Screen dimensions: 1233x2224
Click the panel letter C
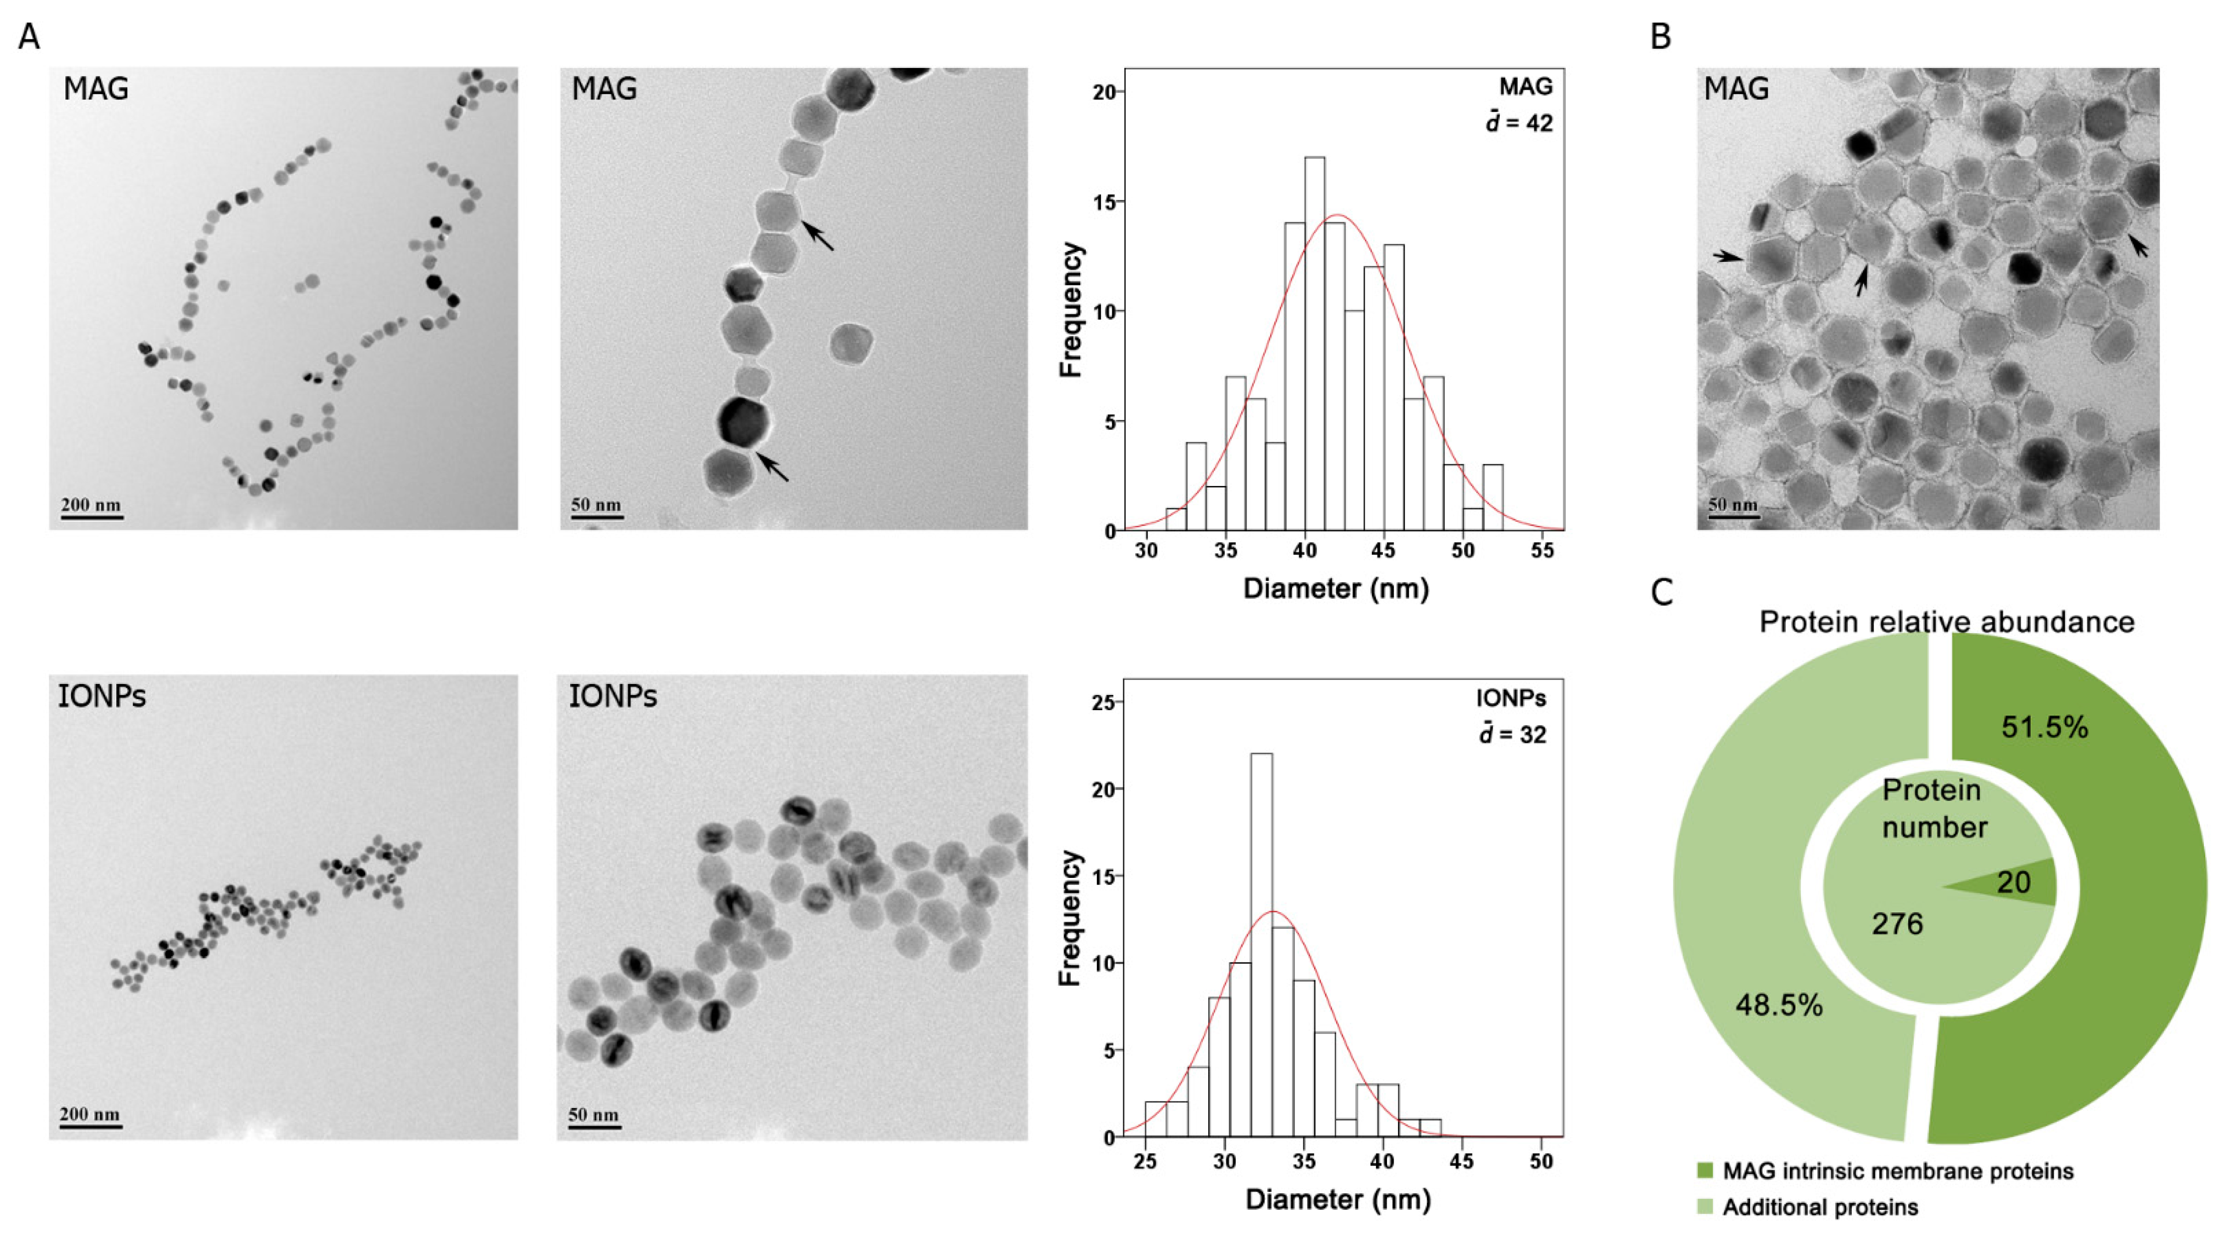point(1662,592)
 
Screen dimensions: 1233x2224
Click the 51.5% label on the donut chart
point(2044,727)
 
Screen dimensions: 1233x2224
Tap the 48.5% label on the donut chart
point(1778,1005)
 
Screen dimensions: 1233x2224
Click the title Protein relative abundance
point(1947,622)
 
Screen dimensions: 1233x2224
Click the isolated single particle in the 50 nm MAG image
point(851,344)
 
